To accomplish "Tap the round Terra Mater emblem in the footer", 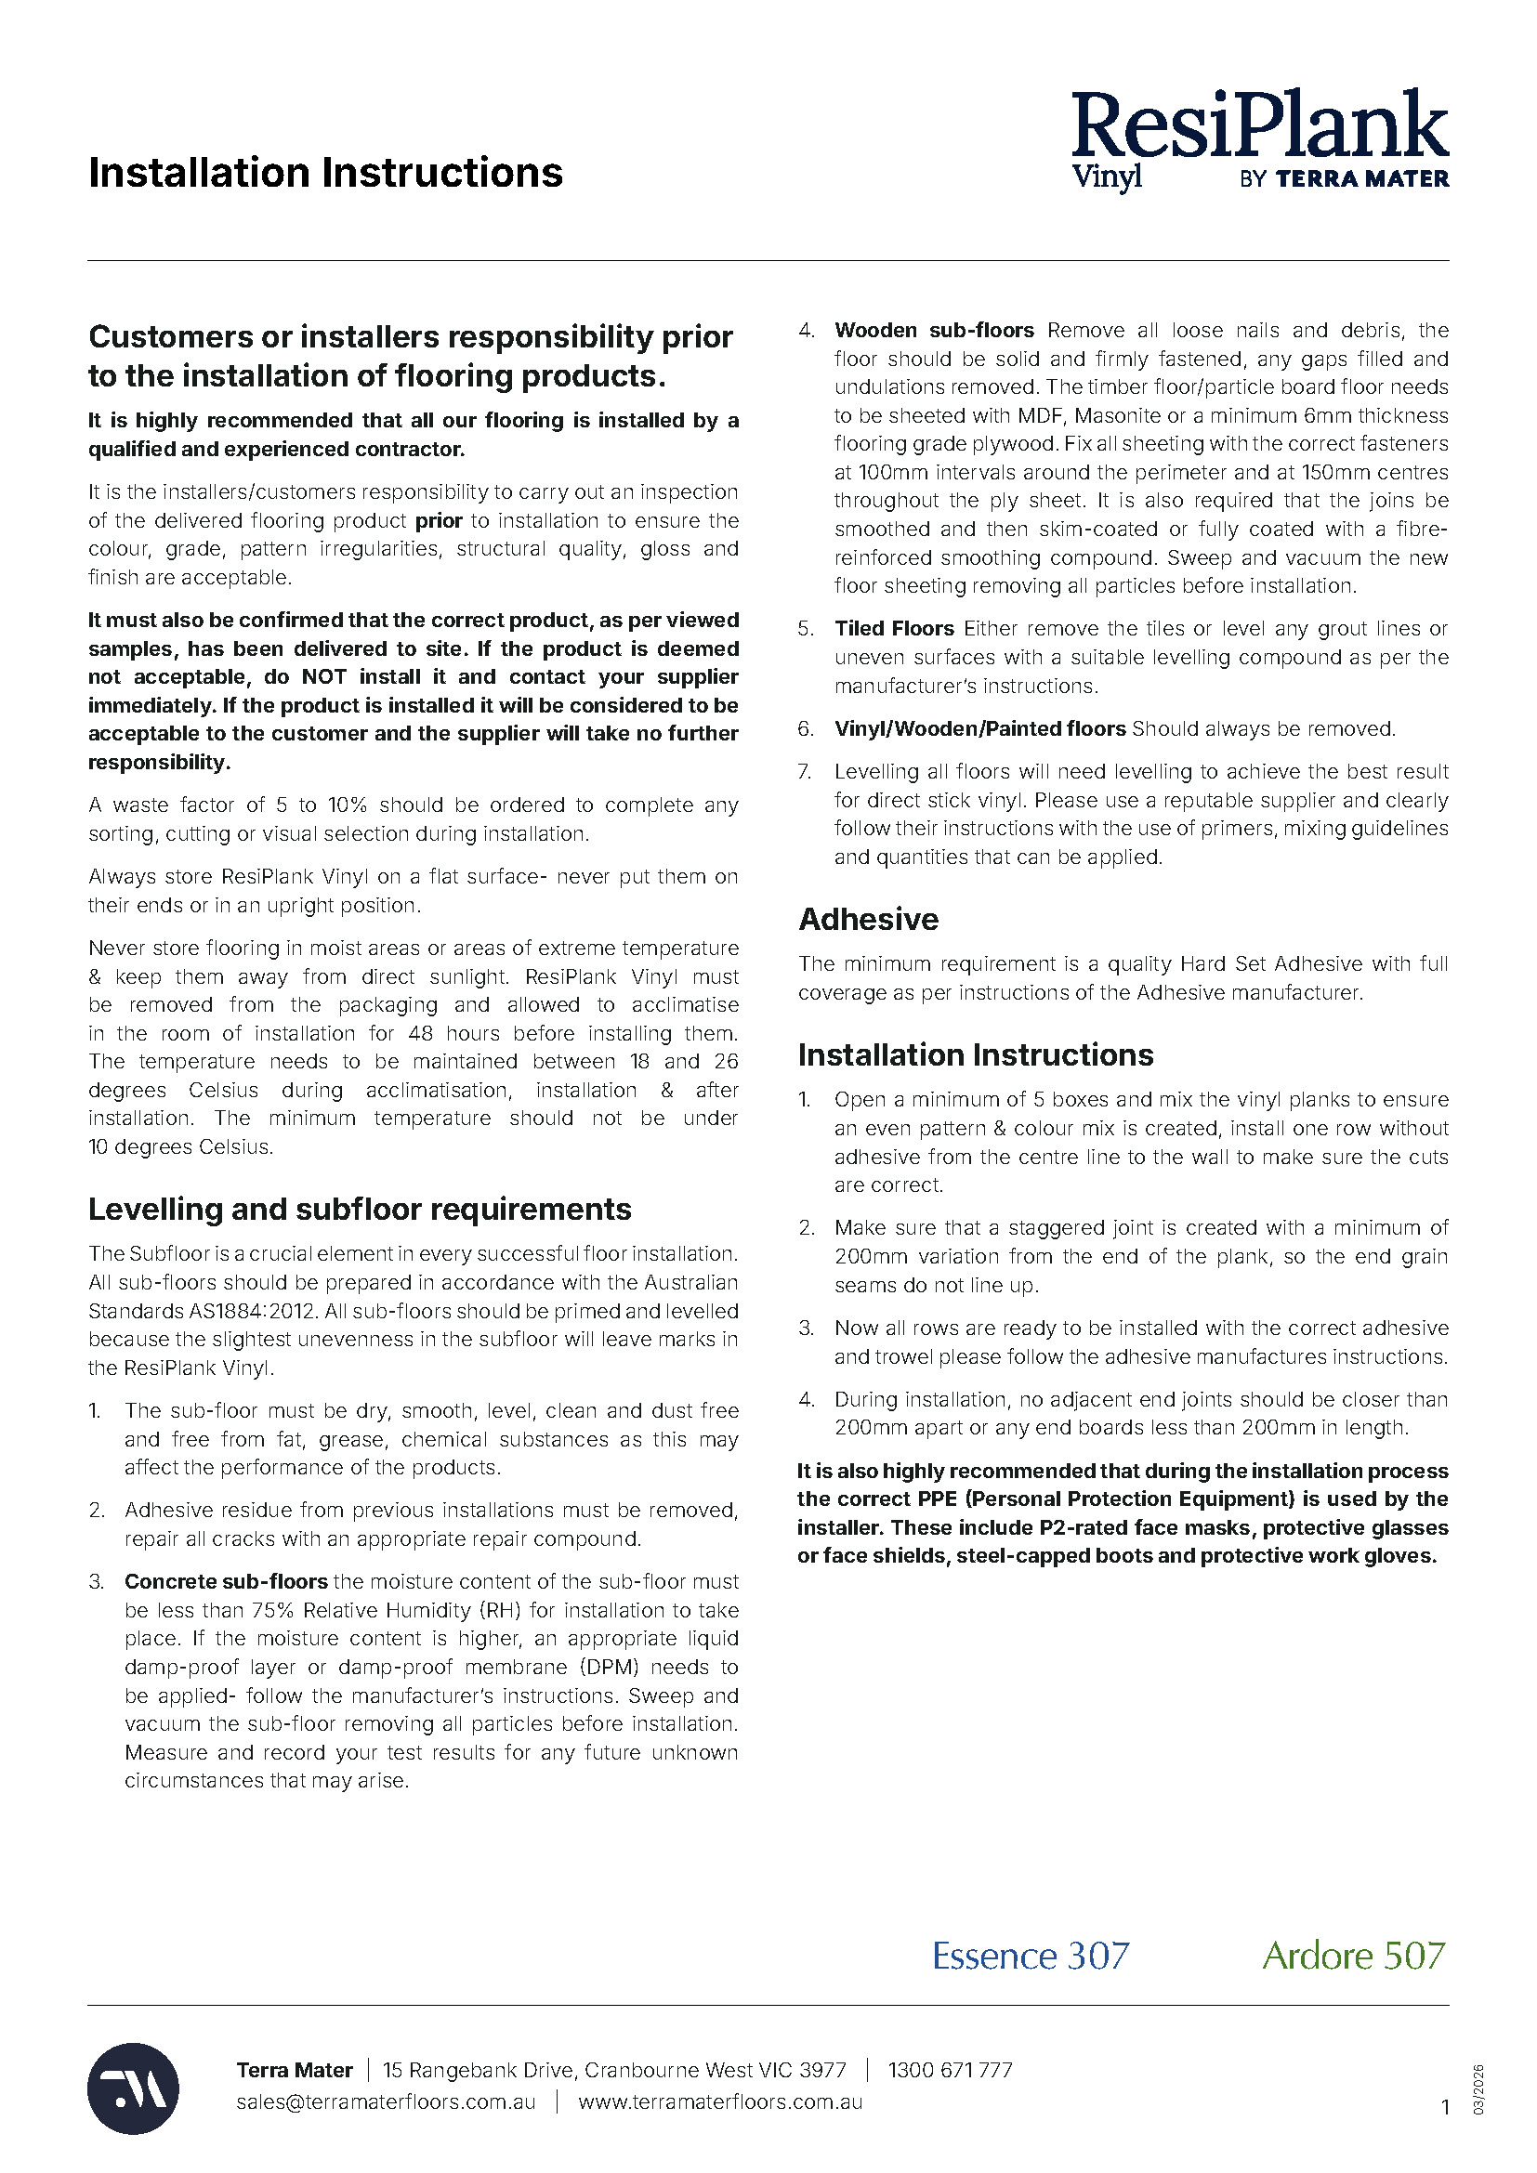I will [134, 2088].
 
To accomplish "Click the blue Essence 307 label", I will [1030, 1956].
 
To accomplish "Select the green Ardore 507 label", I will [1353, 1956].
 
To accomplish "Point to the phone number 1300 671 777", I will [950, 2070].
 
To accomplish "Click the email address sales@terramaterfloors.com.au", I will [386, 2101].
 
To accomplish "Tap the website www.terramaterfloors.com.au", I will [720, 2101].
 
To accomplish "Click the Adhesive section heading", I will [868, 919].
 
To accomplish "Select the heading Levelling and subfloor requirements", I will [360, 1210].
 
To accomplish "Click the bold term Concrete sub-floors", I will [226, 1581].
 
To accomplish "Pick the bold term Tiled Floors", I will [893, 628].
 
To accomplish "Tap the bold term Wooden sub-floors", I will [934, 331].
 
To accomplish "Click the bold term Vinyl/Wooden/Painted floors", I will [979, 728].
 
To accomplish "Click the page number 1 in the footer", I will [1444, 2107].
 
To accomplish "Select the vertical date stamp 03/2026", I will [1478, 2088].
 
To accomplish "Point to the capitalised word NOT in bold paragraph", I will [323, 676].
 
